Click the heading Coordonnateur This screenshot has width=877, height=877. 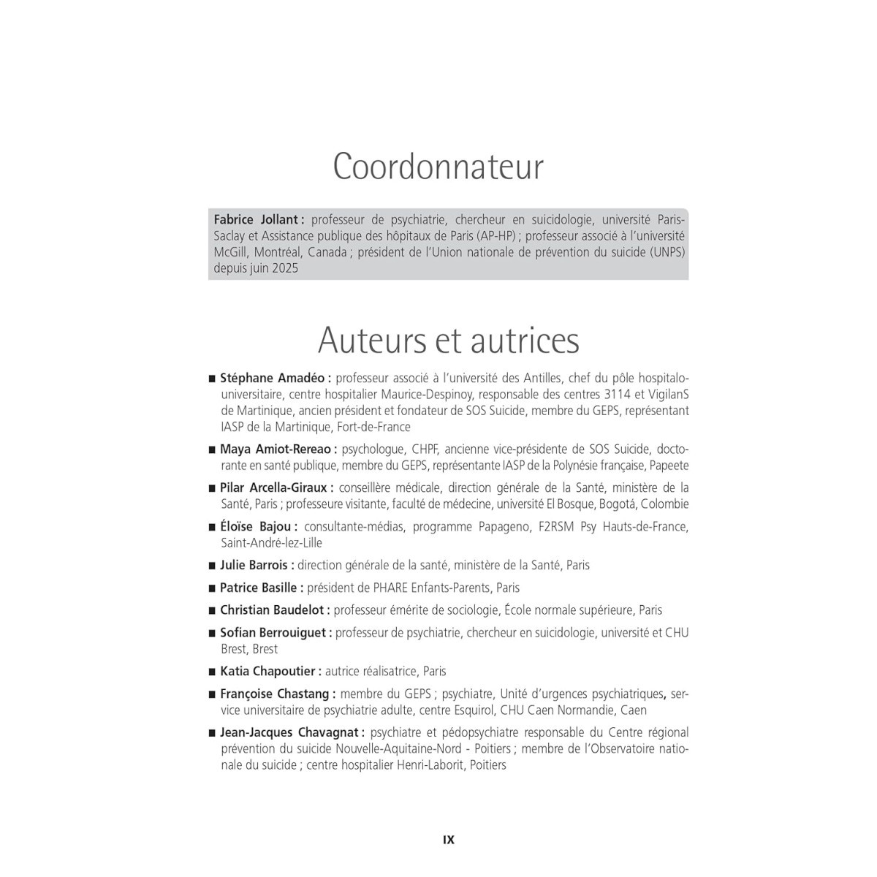438,167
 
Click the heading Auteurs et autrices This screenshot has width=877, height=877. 448,340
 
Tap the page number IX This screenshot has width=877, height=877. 449,840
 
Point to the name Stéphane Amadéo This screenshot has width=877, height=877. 275,379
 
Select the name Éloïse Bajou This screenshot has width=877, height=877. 258,526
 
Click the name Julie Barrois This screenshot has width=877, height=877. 256,565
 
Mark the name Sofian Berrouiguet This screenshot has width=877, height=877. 276,633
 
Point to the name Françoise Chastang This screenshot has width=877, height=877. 277,694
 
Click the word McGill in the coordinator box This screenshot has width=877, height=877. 230,252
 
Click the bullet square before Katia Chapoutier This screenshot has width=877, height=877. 213,672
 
